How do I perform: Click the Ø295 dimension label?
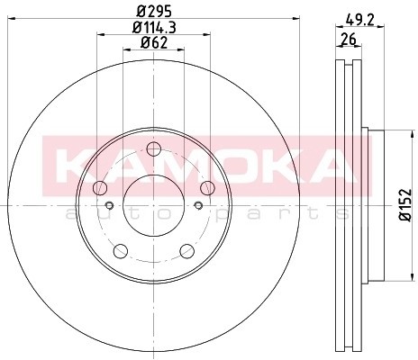point(154,12)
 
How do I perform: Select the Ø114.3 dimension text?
point(154,28)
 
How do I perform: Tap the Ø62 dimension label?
point(154,43)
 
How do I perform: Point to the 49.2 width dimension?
point(359,20)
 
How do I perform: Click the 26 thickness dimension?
point(349,39)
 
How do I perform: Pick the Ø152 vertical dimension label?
point(405,205)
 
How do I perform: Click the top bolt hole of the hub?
point(154,149)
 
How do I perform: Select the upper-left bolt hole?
point(100,188)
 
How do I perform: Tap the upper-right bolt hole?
point(207,188)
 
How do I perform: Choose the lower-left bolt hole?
point(121,251)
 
